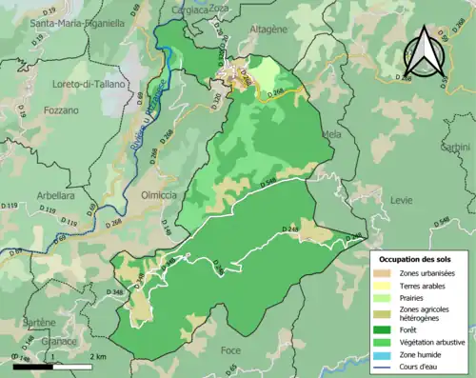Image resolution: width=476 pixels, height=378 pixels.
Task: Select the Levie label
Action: point(402,200)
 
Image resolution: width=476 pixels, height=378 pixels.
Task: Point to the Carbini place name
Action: point(456,147)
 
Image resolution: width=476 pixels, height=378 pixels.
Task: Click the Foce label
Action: point(230,351)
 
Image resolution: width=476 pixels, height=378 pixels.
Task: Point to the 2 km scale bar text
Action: point(97,356)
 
